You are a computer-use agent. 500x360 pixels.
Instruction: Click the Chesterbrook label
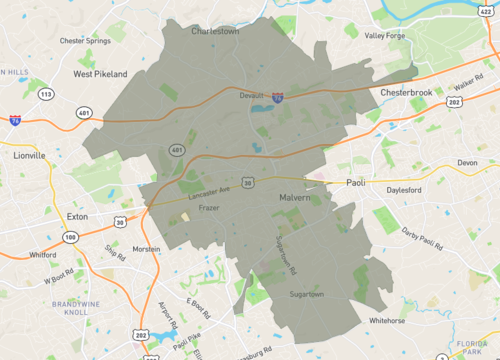406,92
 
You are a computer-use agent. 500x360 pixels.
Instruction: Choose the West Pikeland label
100,74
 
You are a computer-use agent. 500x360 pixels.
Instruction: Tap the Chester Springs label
85,41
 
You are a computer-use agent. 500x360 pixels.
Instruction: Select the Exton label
78,216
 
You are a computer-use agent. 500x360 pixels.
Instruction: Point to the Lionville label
29,156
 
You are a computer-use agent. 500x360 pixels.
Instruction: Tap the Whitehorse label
386,321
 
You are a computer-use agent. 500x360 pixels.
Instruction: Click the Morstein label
146,249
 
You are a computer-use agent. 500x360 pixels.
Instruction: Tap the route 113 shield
46,93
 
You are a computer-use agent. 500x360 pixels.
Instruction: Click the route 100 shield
69,236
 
